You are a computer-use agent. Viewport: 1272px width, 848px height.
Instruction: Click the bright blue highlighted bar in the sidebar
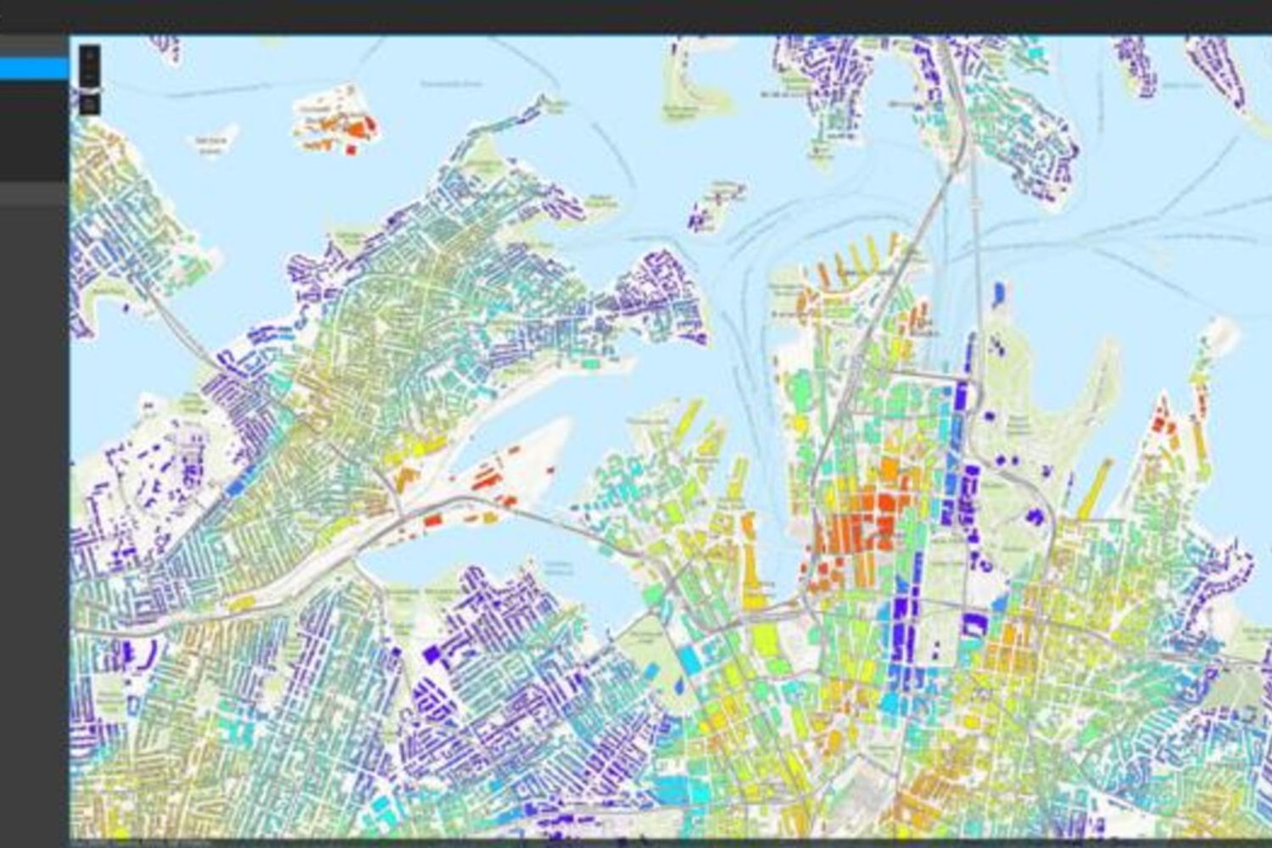34,69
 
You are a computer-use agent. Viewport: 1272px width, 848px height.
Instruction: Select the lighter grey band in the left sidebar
34,196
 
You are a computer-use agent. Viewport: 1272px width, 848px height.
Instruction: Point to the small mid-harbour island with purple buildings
712,208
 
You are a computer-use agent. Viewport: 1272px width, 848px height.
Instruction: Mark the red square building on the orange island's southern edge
350,150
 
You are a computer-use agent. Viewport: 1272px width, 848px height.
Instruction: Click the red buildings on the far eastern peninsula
1163,421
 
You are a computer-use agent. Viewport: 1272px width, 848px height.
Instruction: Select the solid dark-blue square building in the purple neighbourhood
432,653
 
